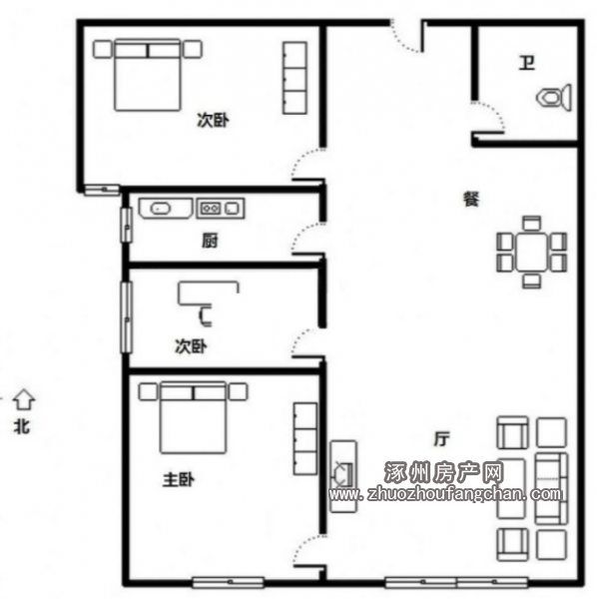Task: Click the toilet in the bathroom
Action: click(554, 98)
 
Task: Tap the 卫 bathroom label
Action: click(527, 63)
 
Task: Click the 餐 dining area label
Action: click(471, 199)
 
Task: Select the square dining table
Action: click(532, 252)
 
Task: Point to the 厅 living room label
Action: click(441, 438)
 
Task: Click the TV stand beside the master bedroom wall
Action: click(343, 476)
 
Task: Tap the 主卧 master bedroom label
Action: click(179, 480)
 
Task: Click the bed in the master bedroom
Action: click(193, 417)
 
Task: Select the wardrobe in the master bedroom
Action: click(304, 439)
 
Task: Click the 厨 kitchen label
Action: click(210, 241)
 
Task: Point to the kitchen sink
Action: click(166, 209)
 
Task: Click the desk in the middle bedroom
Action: click(208, 293)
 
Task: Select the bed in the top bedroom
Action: click(148, 75)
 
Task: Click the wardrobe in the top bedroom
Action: click(295, 78)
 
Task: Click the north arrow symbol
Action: click(24, 400)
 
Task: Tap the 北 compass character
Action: click(22, 426)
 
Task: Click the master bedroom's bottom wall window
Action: click(228, 582)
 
